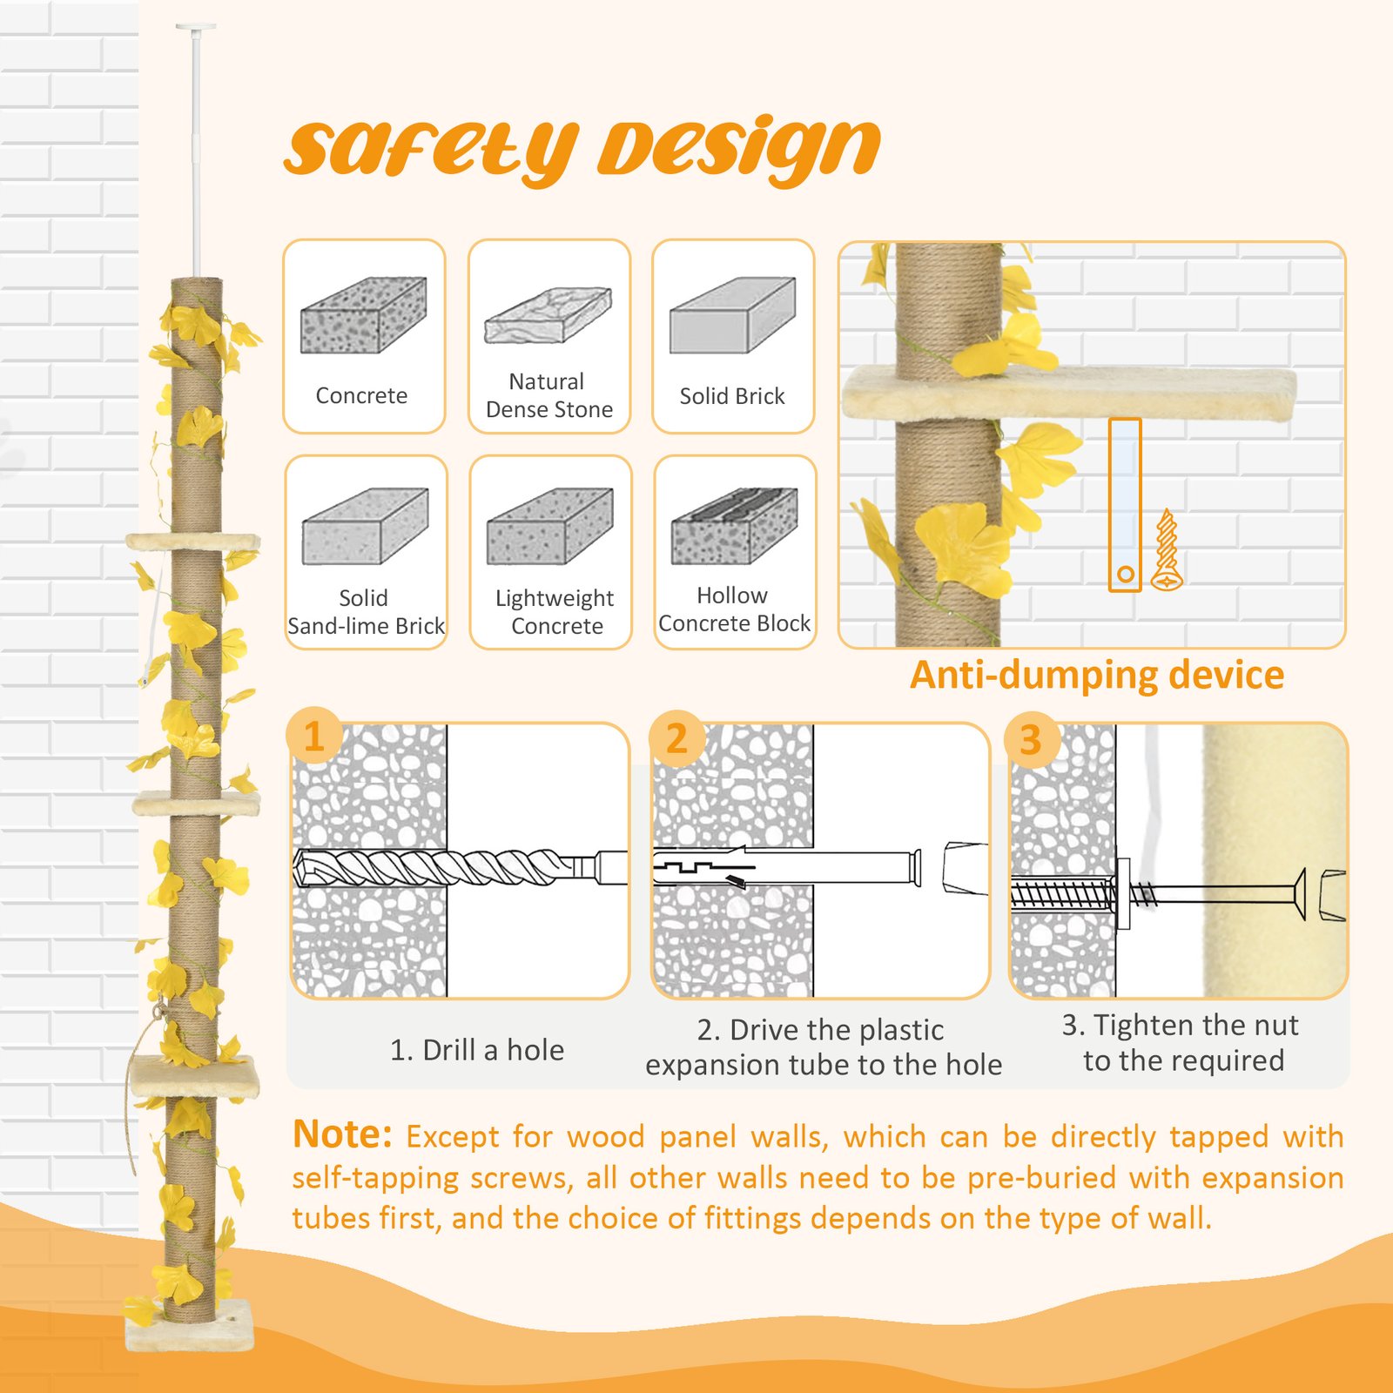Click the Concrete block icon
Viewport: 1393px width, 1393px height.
pyautogui.click(x=363, y=315)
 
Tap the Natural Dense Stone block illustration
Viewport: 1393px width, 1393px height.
pyautogui.click(x=548, y=314)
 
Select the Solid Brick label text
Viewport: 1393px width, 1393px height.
pyautogui.click(x=731, y=396)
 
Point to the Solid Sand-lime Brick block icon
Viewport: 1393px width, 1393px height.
pyautogui.click(x=365, y=526)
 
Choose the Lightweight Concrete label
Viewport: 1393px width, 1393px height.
pyautogui.click(x=555, y=612)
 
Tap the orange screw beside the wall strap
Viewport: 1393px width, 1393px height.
pyautogui.click(x=1167, y=550)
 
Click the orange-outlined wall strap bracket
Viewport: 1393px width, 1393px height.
pyautogui.click(x=1125, y=505)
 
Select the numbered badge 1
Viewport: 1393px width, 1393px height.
pyautogui.click(x=314, y=737)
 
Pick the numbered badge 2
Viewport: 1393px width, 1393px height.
pyautogui.click(x=676, y=738)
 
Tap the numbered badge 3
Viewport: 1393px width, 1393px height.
pyautogui.click(x=1031, y=740)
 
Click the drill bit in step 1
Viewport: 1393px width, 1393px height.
pyautogui.click(x=435, y=867)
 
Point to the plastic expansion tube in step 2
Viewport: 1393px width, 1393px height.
pyautogui.click(x=784, y=867)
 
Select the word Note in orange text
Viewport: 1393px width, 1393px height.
pyautogui.click(x=342, y=1135)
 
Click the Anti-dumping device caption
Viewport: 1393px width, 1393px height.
pyautogui.click(x=1096, y=676)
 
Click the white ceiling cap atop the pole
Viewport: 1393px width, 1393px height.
pyautogui.click(x=196, y=28)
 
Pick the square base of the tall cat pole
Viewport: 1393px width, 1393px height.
pyautogui.click(x=191, y=1325)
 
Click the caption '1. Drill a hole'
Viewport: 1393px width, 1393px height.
pyautogui.click(x=476, y=1050)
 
